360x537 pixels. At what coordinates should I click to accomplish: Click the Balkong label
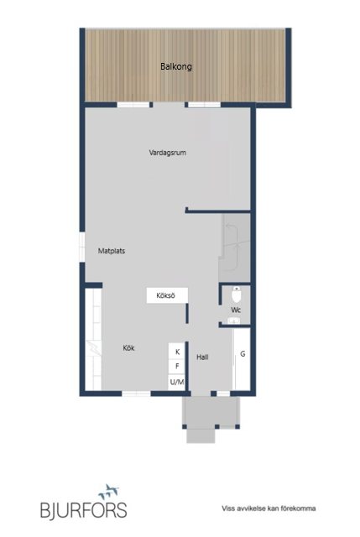pos(176,66)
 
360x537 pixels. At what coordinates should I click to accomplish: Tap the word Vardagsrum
pos(166,153)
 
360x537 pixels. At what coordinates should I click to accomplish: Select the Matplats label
pos(112,250)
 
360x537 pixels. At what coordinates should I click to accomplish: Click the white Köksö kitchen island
pos(166,295)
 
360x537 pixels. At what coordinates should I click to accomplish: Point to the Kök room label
pos(128,347)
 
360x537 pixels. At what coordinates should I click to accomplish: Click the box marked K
pos(177,352)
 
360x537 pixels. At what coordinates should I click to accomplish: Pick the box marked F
pos(177,367)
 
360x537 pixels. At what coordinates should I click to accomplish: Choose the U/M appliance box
pos(177,383)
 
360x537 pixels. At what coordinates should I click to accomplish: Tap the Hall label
pos(202,357)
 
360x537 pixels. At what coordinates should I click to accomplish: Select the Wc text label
pos(236,310)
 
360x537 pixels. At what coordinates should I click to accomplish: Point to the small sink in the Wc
pos(225,294)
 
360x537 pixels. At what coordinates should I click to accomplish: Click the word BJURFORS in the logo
pos(84,509)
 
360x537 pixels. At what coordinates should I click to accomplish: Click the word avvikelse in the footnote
pos(257,508)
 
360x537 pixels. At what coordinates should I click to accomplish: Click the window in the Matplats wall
pos(82,243)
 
